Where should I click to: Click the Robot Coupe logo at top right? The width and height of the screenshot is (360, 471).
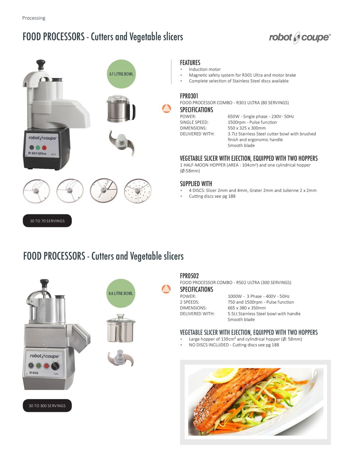tap(300, 38)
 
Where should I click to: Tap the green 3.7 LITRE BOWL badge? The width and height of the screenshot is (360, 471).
tap(121, 74)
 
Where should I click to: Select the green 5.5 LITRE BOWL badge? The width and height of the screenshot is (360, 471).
tap(121, 293)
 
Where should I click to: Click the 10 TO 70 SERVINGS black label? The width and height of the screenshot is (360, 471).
tap(47, 221)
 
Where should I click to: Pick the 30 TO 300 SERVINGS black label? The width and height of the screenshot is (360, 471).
tap(47, 406)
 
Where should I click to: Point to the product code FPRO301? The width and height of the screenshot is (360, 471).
tap(189, 96)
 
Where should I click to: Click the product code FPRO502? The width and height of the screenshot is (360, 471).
tap(189, 276)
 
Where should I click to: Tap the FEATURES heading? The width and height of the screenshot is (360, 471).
tap(190, 63)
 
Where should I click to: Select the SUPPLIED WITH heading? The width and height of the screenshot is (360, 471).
tap(196, 184)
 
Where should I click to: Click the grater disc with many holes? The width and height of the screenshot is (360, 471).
tap(138, 191)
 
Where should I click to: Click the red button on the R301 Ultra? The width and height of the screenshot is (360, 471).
tap(44, 148)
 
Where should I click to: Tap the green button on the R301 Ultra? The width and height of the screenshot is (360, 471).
tap(38, 148)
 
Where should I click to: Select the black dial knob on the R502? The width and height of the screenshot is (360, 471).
tap(55, 366)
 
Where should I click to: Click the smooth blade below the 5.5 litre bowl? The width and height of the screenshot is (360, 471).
tap(120, 358)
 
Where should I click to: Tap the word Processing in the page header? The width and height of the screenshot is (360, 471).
tap(34, 18)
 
